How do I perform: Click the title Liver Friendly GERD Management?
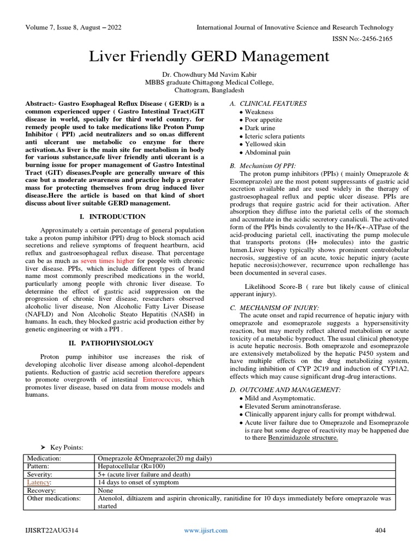coord(209,56)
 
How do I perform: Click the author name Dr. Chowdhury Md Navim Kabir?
coord(209,74)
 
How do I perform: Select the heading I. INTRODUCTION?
coord(112,216)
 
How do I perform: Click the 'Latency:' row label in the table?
coord(39,483)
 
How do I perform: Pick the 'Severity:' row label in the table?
coord(40,475)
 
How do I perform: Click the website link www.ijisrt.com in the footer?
coord(206,530)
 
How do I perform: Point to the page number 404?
coord(380,530)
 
